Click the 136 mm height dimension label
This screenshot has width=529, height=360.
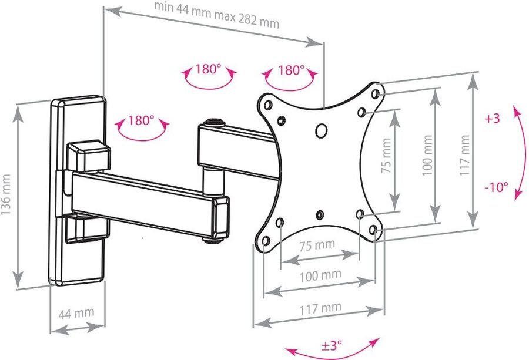pos(6,194)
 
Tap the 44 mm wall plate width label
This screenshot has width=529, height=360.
pos(76,313)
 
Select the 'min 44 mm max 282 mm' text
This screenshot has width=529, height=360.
pos(216,15)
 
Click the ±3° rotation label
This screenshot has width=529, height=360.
pos(332,345)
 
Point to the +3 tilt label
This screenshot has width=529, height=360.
pos(492,119)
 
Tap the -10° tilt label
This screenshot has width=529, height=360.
pos(496,187)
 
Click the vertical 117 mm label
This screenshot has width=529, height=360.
pos(464,155)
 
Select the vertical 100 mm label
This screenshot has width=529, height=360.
pos(427,156)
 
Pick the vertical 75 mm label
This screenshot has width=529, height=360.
pos(386,156)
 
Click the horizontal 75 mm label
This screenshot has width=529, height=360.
pos(317,245)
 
